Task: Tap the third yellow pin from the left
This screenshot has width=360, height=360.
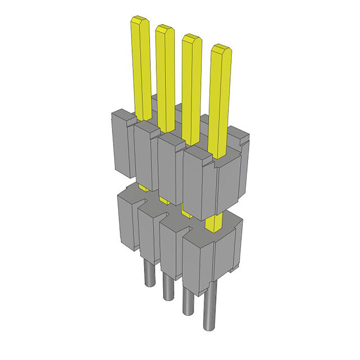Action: [191, 84]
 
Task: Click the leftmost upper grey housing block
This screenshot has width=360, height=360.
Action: [121, 143]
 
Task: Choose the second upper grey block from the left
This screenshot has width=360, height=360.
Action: [145, 155]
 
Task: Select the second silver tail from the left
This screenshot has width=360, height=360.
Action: [168, 287]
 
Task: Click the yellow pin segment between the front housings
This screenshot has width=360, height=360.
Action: [214, 222]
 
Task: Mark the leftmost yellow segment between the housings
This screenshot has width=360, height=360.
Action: [143, 188]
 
